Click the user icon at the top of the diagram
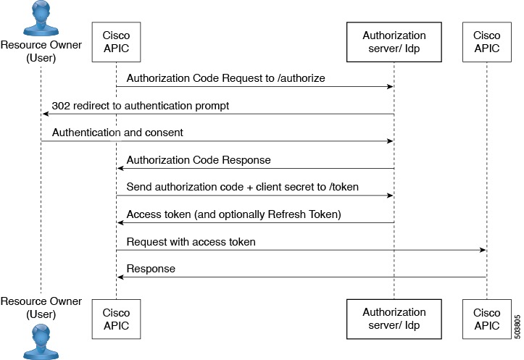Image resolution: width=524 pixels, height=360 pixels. pos(41,17)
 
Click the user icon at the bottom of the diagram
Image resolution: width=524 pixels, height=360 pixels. pos(41,342)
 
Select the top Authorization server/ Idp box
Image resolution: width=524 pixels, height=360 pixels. pos(394,42)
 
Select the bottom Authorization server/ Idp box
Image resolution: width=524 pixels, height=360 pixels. pos(394,319)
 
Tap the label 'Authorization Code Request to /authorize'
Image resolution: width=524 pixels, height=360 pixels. pos(225,78)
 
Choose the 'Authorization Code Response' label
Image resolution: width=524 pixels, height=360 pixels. pos(199,160)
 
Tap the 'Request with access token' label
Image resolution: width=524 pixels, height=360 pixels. pos(191,241)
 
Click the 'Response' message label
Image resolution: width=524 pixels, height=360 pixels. pos(151,269)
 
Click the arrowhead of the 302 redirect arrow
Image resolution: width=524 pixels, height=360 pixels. pos(45,114)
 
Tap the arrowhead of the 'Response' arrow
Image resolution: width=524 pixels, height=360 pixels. pos(120,277)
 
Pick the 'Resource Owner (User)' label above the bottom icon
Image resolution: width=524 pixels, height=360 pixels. pos(41,307)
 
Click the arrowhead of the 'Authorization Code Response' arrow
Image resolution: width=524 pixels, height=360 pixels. pos(120,169)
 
